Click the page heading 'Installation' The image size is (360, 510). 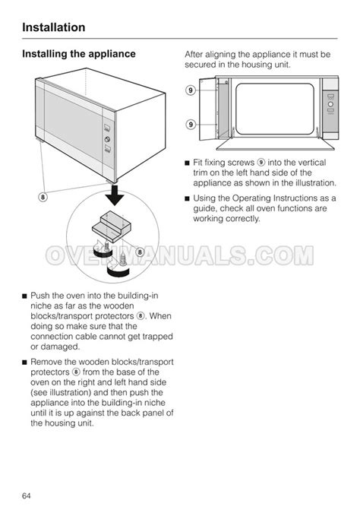click(x=54, y=27)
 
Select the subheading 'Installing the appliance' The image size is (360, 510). click(x=79, y=54)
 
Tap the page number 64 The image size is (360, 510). click(x=27, y=496)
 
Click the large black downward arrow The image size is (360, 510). click(x=115, y=195)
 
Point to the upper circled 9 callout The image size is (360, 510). click(x=191, y=90)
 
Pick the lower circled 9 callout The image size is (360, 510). click(x=191, y=124)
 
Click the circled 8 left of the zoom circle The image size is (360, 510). click(x=43, y=197)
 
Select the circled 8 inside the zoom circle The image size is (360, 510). click(x=140, y=252)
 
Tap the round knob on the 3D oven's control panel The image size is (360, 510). click(x=107, y=139)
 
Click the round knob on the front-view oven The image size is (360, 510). click(x=330, y=104)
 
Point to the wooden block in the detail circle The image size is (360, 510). click(x=112, y=226)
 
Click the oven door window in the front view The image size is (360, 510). click(x=275, y=109)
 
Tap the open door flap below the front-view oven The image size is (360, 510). click(x=275, y=144)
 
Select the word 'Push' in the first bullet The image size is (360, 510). click(x=40, y=296)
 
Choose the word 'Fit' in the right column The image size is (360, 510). click(x=197, y=163)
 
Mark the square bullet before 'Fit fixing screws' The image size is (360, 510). click(x=187, y=163)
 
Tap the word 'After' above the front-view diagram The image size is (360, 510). click(x=194, y=54)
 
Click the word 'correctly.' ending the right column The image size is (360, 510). click(x=243, y=219)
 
